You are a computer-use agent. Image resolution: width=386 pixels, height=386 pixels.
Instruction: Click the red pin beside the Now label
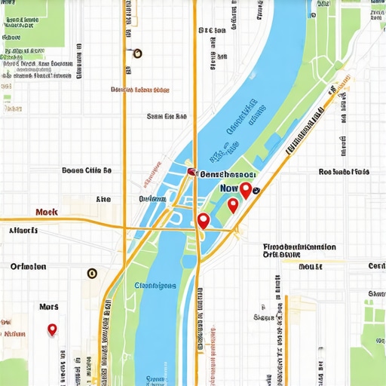pyautogui.click(x=246, y=189)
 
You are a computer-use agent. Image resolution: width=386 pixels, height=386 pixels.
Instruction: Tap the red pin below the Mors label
pyautogui.click(x=52, y=329)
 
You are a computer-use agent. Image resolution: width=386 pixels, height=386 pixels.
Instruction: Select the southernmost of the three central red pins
pyautogui.click(x=202, y=220)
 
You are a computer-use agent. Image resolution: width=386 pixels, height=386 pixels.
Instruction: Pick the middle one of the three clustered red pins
pyautogui.click(x=233, y=204)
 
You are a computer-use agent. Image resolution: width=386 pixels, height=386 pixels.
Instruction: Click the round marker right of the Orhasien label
pyautogui.click(x=92, y=274)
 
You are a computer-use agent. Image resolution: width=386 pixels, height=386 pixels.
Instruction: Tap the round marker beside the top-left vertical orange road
pyautogui.click(x=136, y=53)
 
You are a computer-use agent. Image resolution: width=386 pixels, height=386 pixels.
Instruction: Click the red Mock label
pyautogui.click(x=47, y=213)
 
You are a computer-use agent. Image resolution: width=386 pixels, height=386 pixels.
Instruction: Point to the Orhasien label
pyautogui.click(x=29, y=266)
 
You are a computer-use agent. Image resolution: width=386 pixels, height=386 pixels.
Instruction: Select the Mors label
pyautogui.click(x=49, y=307)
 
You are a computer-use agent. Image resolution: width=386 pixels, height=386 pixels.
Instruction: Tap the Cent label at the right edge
pyautogui.click(x=376, y=266)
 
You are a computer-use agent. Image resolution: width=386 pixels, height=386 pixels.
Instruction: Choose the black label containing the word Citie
pyautogui.click(x=87, y=170)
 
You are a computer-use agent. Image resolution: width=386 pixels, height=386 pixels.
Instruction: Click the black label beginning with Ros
pyautogui.click(x=344, y=172)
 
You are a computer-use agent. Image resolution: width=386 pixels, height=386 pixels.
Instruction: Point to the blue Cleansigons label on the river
pyautogui.click(x=155, y=285)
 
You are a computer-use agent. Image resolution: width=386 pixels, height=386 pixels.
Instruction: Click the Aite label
pyautogui.click(x=103, y=199)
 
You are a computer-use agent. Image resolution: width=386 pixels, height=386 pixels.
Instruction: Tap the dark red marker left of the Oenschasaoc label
pyautogui.click(x=191, y=172)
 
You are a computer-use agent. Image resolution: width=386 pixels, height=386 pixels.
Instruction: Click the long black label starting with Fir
pyautogui.click(x=299, y=247)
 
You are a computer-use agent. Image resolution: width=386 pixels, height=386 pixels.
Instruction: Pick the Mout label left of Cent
pyautogui.click(x=310, y=266)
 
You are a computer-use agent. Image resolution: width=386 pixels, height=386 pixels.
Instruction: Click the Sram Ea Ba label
pyautogui.click(x=166, y=116)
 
